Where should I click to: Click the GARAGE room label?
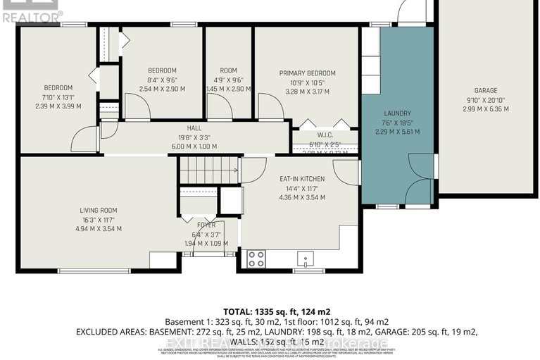pyautogui.click(x=485, y=91)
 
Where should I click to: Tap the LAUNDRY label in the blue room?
pyautogui.click(x=397, y=113)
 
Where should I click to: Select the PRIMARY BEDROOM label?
pyautogui.click(x=307, y=73)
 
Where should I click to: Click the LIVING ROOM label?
pyautogui.click(x=98, y=210)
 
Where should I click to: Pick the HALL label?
pyautogui.click(x=194, y=128)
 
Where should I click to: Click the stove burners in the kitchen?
pyautogui.click(x=256, y=258)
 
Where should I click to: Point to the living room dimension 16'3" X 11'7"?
pyautogui.click(x=98, y=219)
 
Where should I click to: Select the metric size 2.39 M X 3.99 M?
pyautogui.click(x=58, y=106)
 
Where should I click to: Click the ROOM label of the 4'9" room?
pyautogui.click(x=228, y=70)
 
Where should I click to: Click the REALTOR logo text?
pyautogui.click(x=32, y=13)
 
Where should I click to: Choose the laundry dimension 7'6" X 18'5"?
pyautogui.click(x=397, y=123)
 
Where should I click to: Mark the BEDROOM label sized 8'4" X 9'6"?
pyautogui.click(x=162, y=70)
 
